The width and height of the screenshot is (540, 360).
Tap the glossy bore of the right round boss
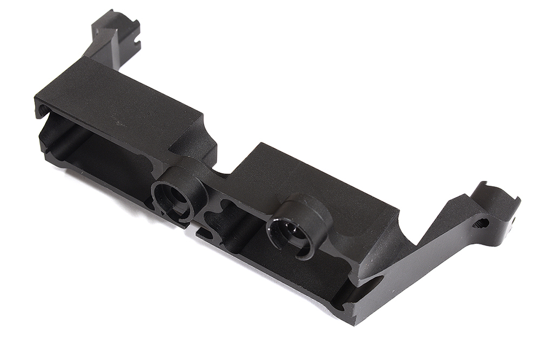click(x=286, y=231)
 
